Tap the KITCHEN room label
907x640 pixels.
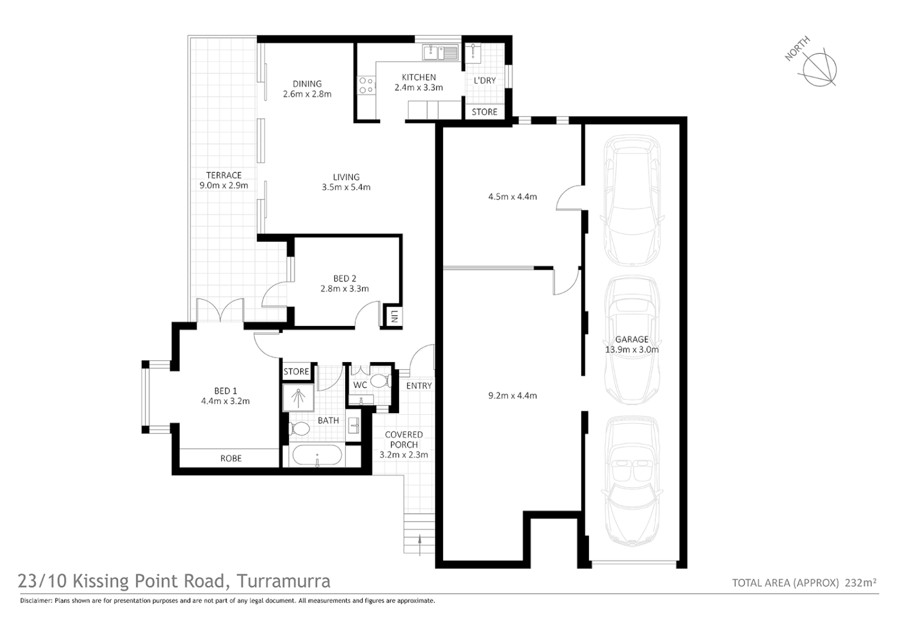(418, 78)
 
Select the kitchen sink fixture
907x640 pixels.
(440, 53)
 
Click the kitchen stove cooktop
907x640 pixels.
(365, 85)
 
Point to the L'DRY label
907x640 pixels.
(484, 81)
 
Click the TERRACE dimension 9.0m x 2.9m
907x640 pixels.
(224, 185)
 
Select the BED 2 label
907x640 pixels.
(344, 279)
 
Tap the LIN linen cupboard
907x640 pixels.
(393, 317)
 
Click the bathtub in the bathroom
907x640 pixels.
(317, 456)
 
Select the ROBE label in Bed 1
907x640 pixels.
(231, 458)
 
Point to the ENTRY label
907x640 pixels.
(419, 386)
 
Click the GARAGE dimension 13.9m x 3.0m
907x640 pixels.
(631, 350)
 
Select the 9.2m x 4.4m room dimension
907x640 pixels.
(512, 395)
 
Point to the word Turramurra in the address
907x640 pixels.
(284, 581)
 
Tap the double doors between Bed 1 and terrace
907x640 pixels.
(220, 311)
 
